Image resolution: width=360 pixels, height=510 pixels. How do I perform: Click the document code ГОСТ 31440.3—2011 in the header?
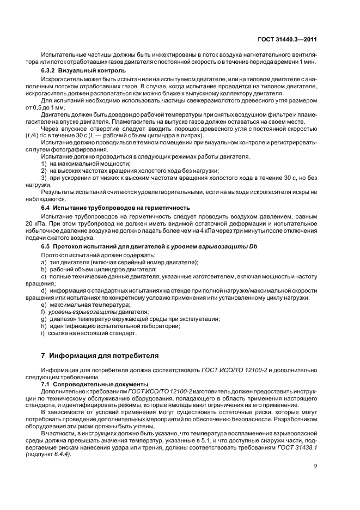(x=295, y=39)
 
